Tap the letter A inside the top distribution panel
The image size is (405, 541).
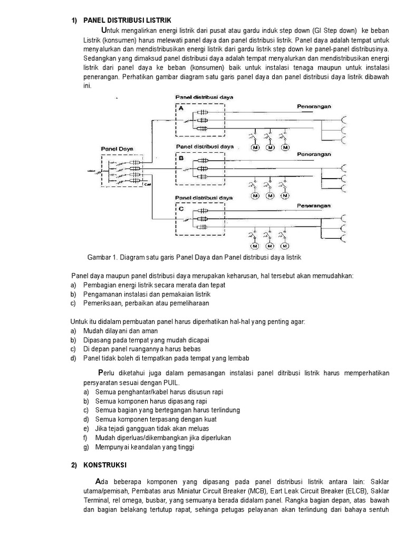point(181,108)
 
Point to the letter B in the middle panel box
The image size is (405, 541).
point(181,157)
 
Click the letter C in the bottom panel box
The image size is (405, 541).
point(181,208)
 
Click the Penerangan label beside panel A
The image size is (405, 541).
point(314,106)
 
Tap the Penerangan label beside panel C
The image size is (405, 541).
point(314,204)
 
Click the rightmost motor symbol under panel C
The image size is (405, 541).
point(285,246)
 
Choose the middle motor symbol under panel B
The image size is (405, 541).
point(270,196)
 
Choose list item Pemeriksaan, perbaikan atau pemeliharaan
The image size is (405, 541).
point(146,303)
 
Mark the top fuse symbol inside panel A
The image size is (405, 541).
point(201,113)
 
